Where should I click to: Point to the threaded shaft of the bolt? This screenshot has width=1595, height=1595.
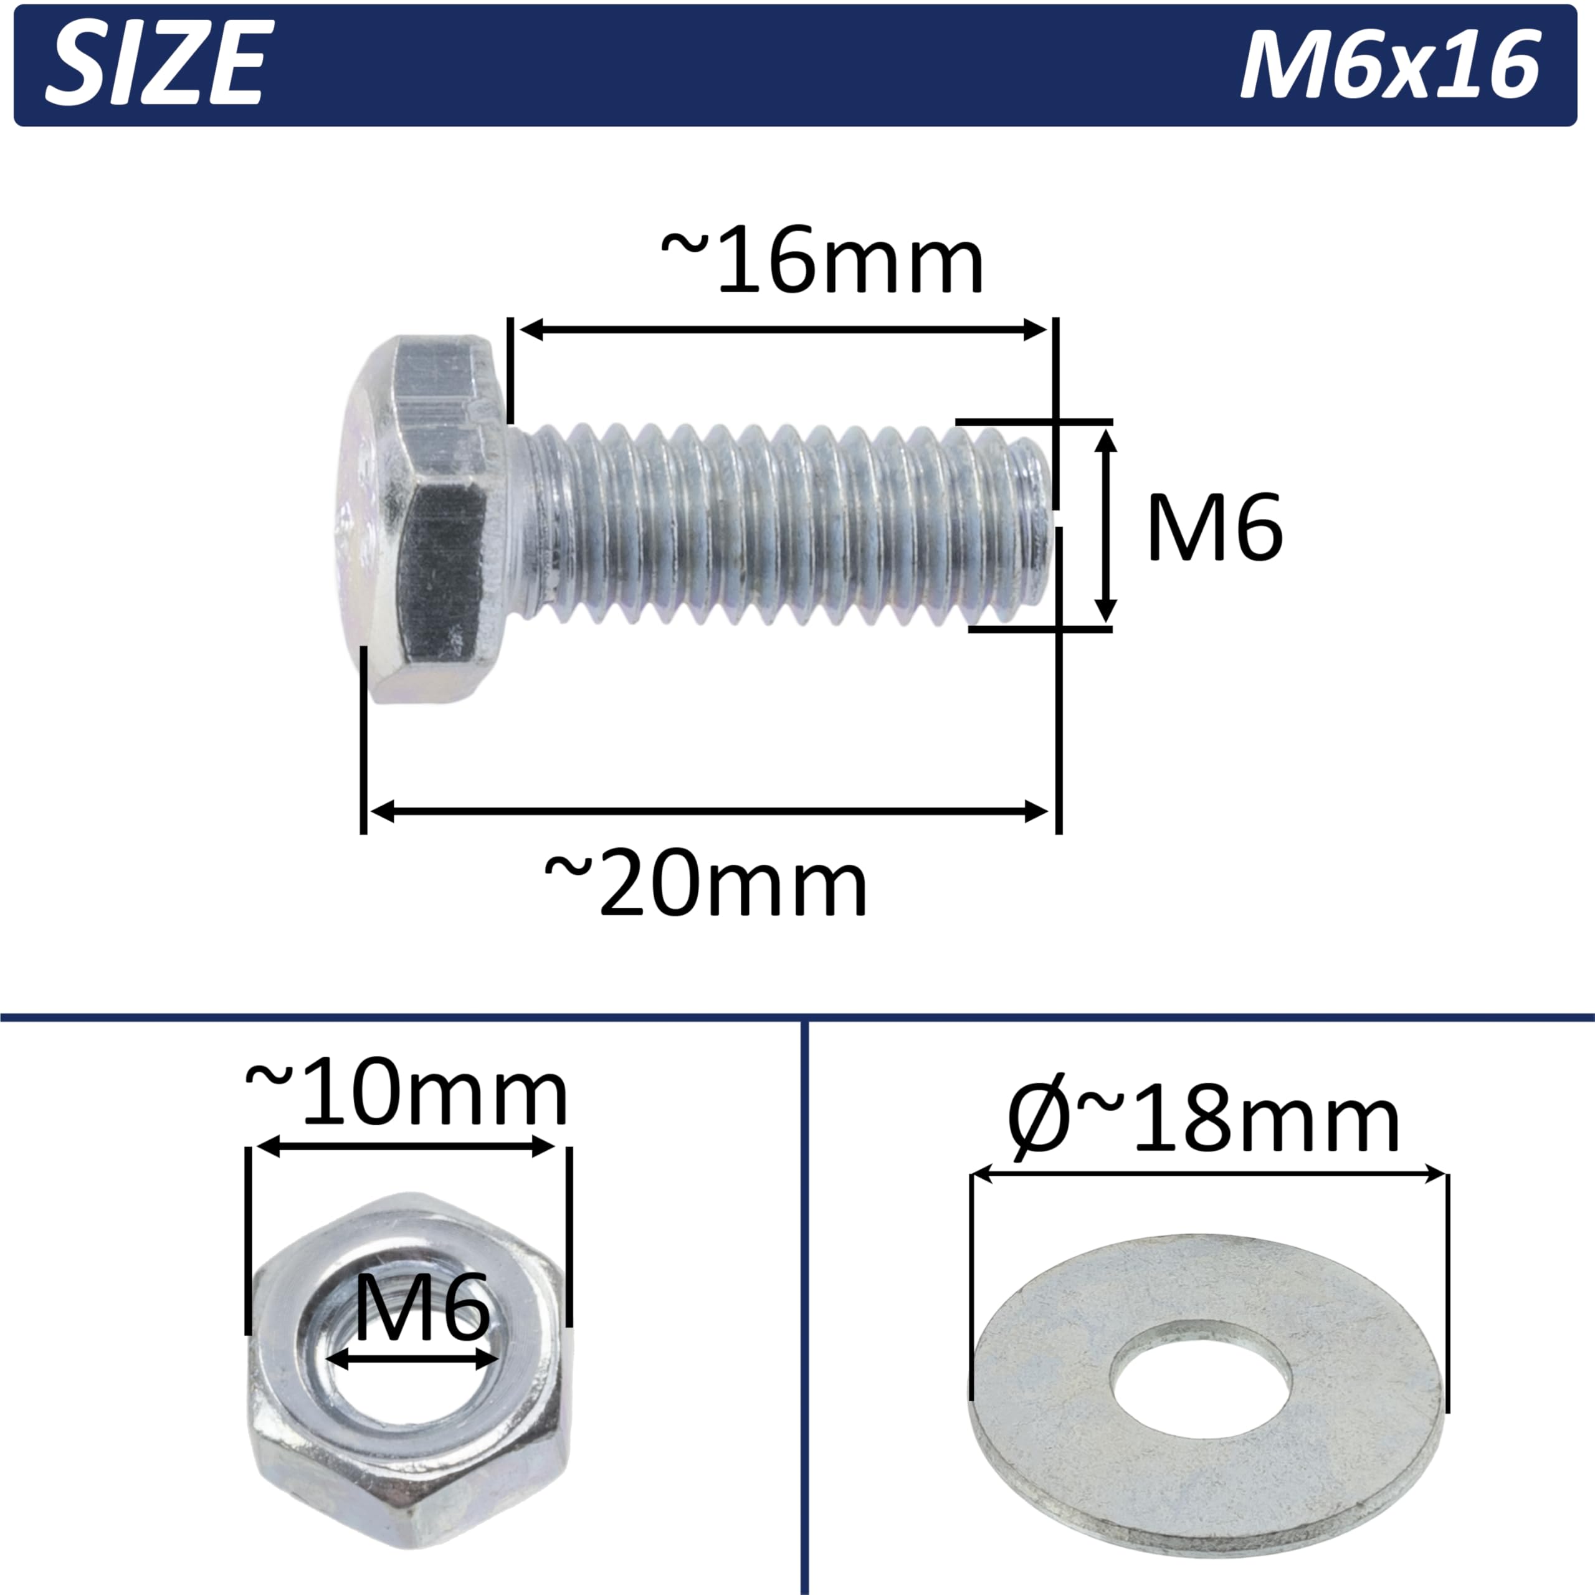(x=784, y=523)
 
